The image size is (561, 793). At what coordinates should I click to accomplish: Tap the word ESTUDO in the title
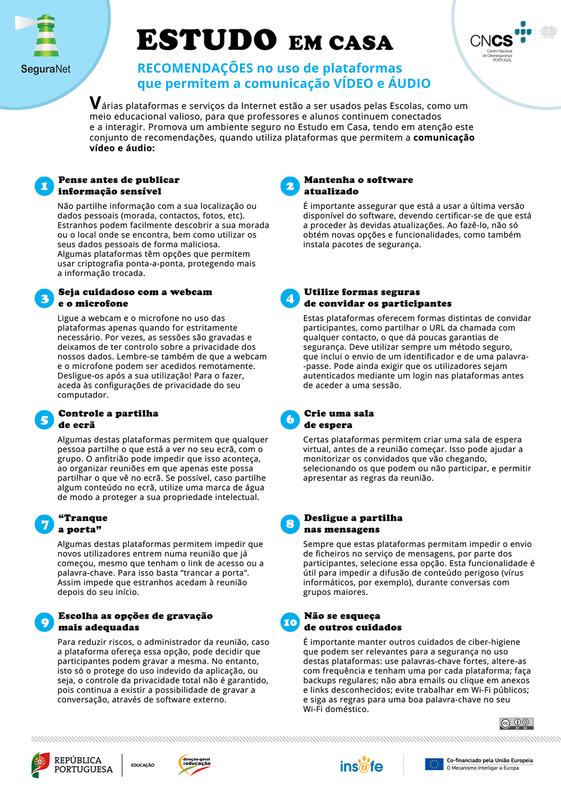(206, 40)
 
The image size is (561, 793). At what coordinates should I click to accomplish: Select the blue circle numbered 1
(44, 186)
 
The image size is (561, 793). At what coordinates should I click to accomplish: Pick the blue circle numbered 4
(290, 298)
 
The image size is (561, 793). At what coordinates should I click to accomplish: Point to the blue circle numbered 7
(44, 524)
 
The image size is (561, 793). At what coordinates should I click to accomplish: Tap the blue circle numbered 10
(290, 622)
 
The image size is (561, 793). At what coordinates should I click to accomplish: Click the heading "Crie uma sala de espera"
(339, 419)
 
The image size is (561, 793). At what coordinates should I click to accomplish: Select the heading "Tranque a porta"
(82, 524)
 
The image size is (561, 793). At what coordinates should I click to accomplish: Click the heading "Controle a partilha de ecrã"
(108, 419)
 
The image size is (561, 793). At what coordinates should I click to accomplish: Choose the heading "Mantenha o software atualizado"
(358, 186)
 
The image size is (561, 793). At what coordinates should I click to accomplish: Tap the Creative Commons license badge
(516, 723)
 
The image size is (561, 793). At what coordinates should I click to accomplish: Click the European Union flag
(434, 764)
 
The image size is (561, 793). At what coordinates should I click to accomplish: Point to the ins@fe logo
(361, 765)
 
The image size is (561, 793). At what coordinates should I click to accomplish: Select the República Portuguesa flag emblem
(40, 765)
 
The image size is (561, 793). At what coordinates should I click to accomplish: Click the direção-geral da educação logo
(194, 764)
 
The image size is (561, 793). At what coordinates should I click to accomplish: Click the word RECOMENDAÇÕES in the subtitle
(195, 68)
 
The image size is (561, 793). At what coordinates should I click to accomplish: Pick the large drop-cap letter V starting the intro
(96, 103)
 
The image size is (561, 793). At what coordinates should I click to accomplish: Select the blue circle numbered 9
(44, 622)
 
